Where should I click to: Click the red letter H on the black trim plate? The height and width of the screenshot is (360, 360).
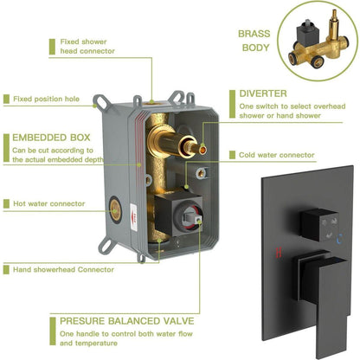[x=279, y=253]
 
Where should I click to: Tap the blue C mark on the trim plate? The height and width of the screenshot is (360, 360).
[x=340, y=238]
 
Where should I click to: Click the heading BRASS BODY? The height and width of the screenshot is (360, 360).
[x=254, y=41]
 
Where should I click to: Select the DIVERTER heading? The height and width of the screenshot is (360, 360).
[x=263, y=93]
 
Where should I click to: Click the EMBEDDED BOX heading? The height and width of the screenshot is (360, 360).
[x=51, y=138]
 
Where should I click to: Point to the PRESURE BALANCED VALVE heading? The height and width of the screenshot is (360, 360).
[x=127, y=321]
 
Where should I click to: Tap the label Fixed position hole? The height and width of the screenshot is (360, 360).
[x=46, y=99]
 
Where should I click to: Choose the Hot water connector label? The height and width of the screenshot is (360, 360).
[x=49, y=203]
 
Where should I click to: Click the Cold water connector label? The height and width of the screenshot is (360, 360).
[x=277, y=155]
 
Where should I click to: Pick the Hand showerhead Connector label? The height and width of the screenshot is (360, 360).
[x=63, y=270]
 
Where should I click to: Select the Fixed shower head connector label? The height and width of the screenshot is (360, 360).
[x=87, y=47]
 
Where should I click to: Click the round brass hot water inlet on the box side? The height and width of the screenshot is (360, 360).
[x=115, y=211]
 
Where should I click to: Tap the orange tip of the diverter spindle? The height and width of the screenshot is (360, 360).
[x=202, y=150]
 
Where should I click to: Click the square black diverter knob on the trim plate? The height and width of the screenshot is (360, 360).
[x=319, y=225]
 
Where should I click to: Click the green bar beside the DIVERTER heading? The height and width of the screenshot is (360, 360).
[x=232, y=104]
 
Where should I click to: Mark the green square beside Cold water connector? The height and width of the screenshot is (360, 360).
[x=232, y=155]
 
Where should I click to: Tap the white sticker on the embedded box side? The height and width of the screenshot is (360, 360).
[x=133, y=217]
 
